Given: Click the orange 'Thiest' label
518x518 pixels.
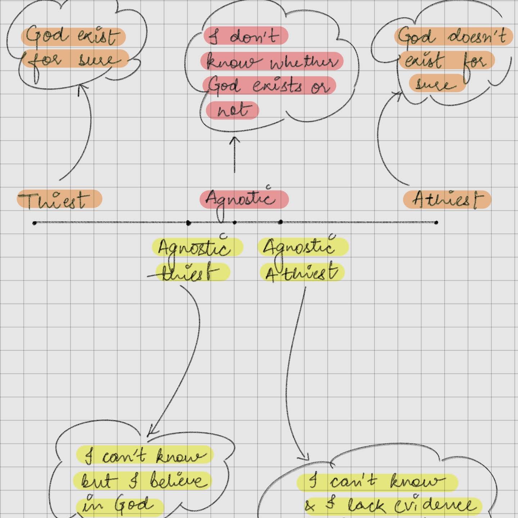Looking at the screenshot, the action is pyautogui.click(x=59, y=199).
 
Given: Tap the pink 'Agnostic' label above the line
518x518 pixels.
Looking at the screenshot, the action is pyautogui.click(x=244, y=199).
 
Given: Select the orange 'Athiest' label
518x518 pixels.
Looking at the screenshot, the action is pyautogui.click(x=447, y=199).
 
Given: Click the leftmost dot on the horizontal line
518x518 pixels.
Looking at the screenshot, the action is pyautogui.click(x=35, y=223).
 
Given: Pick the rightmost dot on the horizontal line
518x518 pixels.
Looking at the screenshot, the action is pyautogui.click(x=436, y=222).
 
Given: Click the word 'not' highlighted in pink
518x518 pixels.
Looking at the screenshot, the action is pyautogui.click(x=232, y=110).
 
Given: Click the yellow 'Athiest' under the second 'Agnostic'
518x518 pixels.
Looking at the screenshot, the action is pyautogui.click(x=301, y=272).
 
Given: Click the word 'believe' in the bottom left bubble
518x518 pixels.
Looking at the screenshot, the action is pyautogui.click(x=178, y=480).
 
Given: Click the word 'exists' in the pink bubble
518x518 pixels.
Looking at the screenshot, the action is pyautogui.click(x=277, y=86).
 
